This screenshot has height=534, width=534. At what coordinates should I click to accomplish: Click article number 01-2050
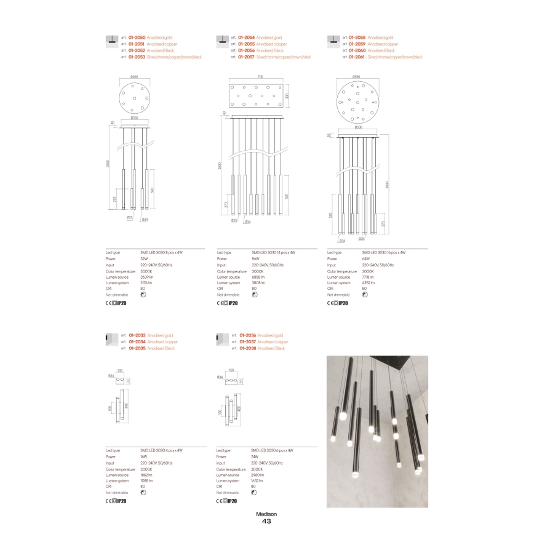(x=137, y=38)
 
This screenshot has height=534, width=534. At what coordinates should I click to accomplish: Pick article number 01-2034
(x=137, y=341)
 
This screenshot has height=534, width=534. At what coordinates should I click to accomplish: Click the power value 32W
(x=145, y=259)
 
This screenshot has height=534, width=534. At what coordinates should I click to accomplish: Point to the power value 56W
(x=254, y=259)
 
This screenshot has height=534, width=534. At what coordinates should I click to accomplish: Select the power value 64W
(x=365, y=259)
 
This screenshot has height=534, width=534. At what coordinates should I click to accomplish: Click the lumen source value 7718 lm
(x=368, y=277)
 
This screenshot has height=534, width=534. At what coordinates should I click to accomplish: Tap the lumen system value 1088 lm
(x=146, y=481)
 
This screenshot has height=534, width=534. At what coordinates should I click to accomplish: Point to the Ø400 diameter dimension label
(x=135, y=76)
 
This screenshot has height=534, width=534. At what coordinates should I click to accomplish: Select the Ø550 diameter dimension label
(x=356, y=76)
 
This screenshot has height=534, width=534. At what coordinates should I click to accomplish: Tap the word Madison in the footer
(x=266, y=514)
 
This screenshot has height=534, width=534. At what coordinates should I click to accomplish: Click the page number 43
(x=266, y=522)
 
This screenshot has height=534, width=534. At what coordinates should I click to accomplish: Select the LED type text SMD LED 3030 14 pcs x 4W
(x=273, y=253)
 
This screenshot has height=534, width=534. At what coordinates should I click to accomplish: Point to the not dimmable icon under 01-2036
(x=255, y=493)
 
